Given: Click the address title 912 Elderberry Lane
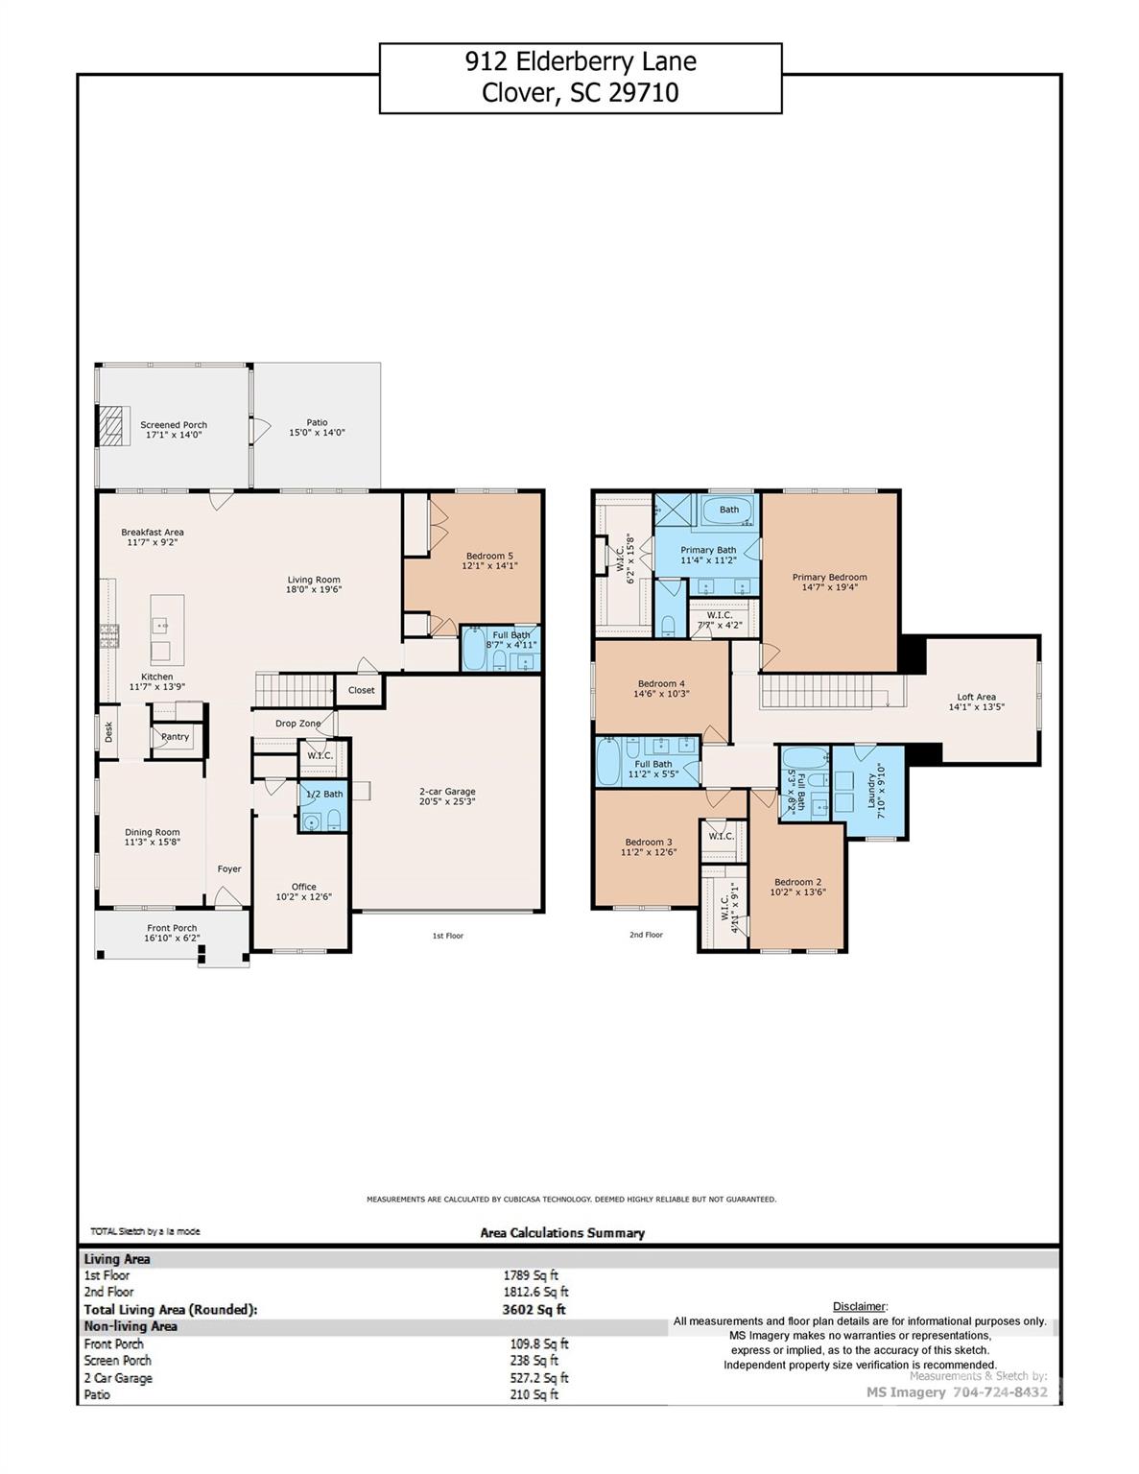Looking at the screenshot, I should coord(580,61).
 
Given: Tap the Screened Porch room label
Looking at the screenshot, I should coord(174,425).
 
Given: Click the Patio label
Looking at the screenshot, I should coord(317,422).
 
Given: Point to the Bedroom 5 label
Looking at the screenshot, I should coord(489,556).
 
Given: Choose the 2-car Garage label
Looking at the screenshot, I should coord(446,792).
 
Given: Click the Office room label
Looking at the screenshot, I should coord(303,887).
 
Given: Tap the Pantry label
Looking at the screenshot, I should coord(175,737).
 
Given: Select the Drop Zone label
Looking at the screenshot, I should coord(297,724).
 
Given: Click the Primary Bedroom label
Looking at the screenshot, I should coord(829,577).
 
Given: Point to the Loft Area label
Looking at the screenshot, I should coord(976,697).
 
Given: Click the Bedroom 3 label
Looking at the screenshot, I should coord(648,842).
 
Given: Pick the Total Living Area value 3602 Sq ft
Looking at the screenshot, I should coord(534,1309).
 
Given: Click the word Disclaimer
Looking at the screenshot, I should coord(859,1306).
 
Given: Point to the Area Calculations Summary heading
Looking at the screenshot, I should coord(562,1233).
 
